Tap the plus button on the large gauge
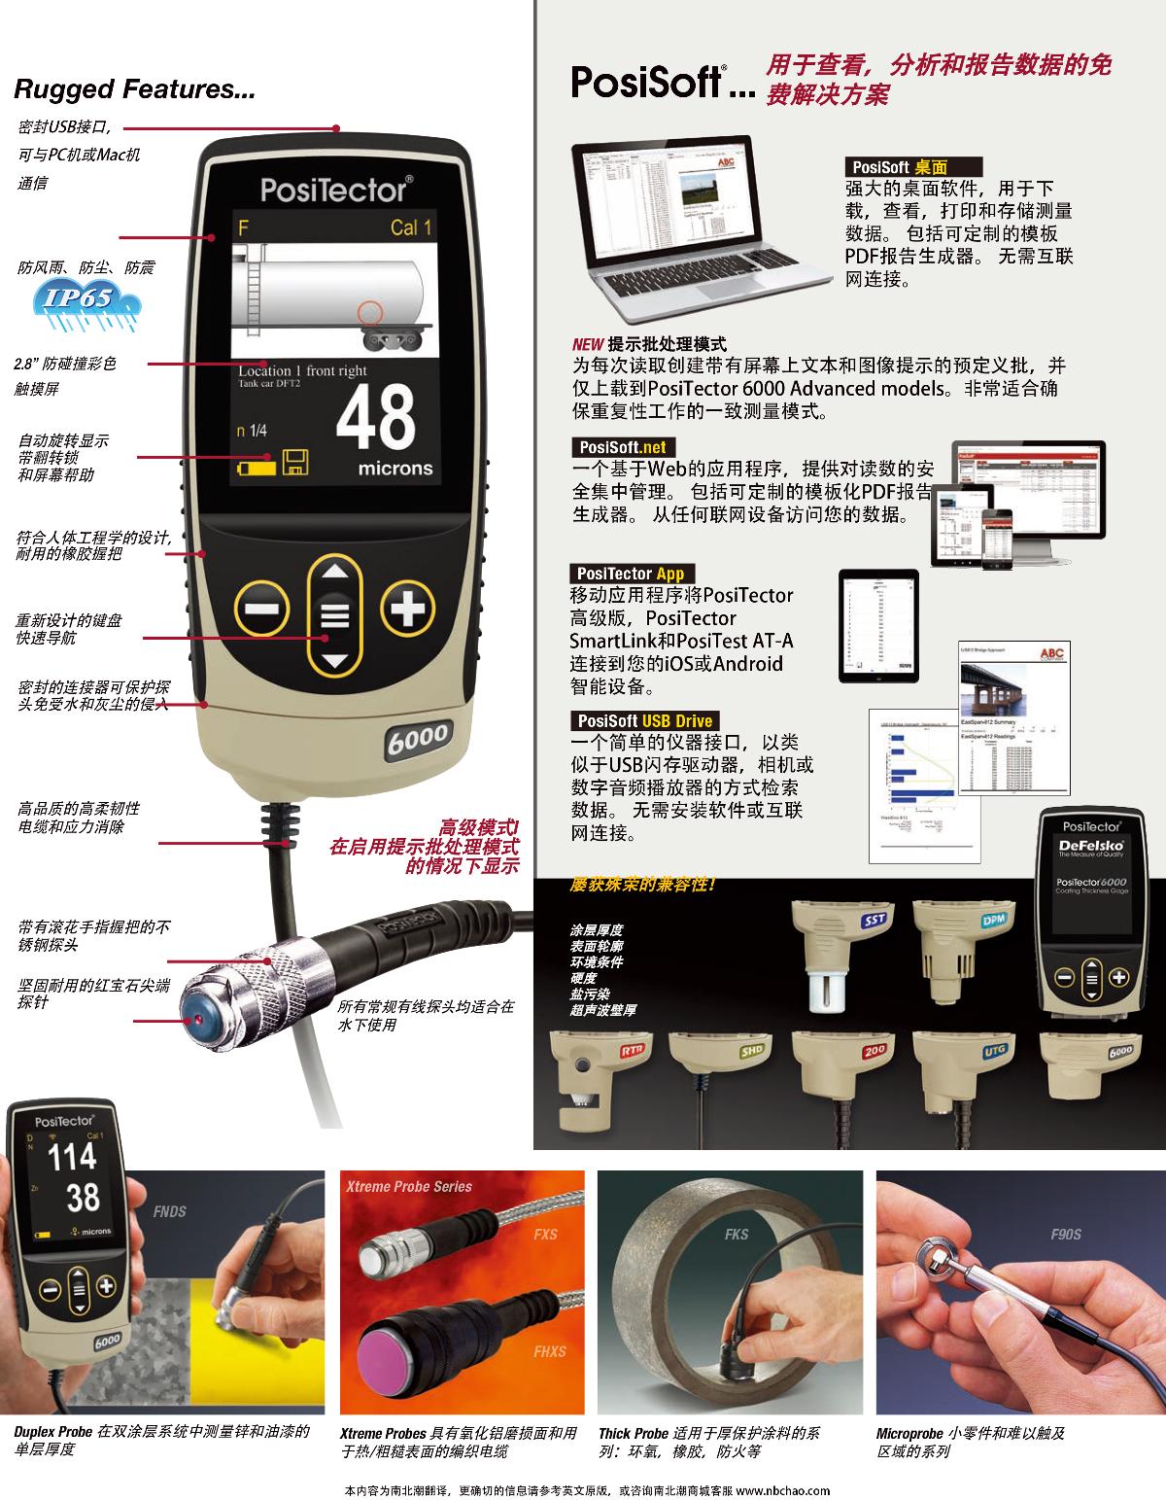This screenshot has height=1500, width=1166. (407, 610)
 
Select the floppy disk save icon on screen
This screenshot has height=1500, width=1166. (295, 463)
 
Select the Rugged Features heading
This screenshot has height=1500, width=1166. (134, 90)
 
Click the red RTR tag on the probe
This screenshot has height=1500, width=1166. (633, 1051)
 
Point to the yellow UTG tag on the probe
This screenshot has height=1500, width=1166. (994, 1050)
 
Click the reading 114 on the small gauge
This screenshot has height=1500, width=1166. (73, 1157)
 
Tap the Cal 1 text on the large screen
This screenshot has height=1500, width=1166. (411, 227)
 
